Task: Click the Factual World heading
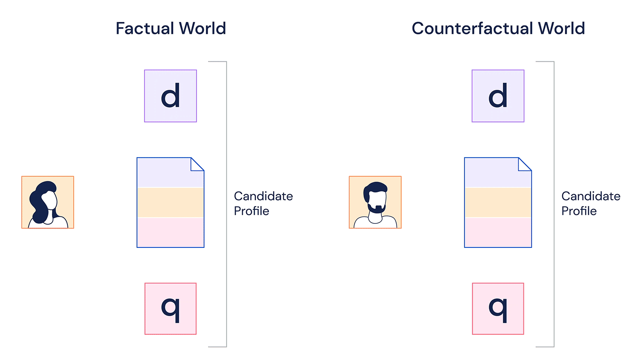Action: click(x=171, y=29)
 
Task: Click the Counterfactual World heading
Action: click(x=498, y=29)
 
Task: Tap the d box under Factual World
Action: click(x=170, y=96)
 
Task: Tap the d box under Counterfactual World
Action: click(x=498, y=96)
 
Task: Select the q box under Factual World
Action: click(x=170, y=309)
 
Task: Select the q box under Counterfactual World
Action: click(x=498, y=309)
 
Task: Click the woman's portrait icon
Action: click(x=48, y=202)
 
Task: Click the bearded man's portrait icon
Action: click(x=375, y=202)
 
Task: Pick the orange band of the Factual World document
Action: click(x=170, y=202)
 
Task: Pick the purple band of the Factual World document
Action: click(x=165, y=174)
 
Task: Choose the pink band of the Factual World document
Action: click(x=170, y=232)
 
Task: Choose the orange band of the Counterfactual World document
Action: click(x=498, y=202)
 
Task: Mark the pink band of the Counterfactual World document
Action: click(x=498, y=232)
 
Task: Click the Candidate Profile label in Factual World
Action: click(x=263, y=203)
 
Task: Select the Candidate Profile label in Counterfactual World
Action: click(x=591, y=203)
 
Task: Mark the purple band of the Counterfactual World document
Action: click(x=492, y=174)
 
